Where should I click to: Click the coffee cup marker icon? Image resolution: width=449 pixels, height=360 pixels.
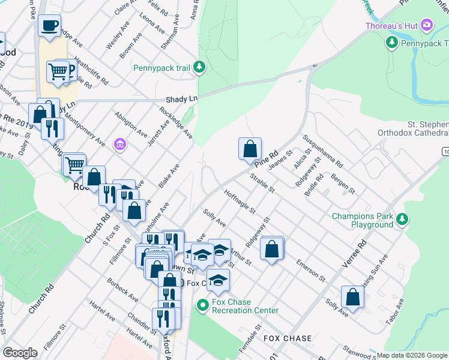click(x=49, y=26)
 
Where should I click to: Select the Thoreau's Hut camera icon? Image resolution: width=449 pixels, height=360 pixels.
click(x=427, y=25)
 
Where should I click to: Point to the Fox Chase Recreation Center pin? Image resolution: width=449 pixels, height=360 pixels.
click(x=202, y=306)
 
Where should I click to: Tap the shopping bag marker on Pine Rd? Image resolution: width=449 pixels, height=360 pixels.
click(x=250, y=148)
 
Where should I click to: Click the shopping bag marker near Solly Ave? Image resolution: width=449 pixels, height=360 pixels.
click(x=352, y=296)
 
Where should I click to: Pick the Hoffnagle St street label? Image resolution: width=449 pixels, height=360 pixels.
click(x=240, y=203)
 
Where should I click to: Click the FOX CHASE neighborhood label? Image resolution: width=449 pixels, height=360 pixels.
click(x=288, y=338)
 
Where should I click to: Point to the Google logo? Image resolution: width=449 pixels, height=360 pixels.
click(x=20, y=353)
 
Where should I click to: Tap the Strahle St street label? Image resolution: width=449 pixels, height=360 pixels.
click(x=262, y=182)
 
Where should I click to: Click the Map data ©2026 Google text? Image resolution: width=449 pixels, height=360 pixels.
click(x=412, y=355)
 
